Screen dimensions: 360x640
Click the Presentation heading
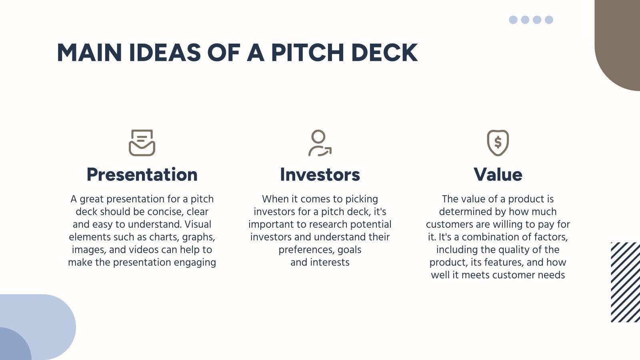(142, 175)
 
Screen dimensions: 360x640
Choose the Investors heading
(320, 175)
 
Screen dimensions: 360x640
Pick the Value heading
(498, 175)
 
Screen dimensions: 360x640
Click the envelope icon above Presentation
(142, 143)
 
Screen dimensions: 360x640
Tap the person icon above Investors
(320, 143)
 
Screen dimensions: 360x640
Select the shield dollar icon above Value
(498, 143)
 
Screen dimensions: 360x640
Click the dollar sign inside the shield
(498, 142)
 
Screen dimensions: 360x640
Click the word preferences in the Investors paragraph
(306, 250)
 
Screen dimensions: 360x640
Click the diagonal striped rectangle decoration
(626, 282)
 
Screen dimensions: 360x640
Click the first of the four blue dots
(513, 20)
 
